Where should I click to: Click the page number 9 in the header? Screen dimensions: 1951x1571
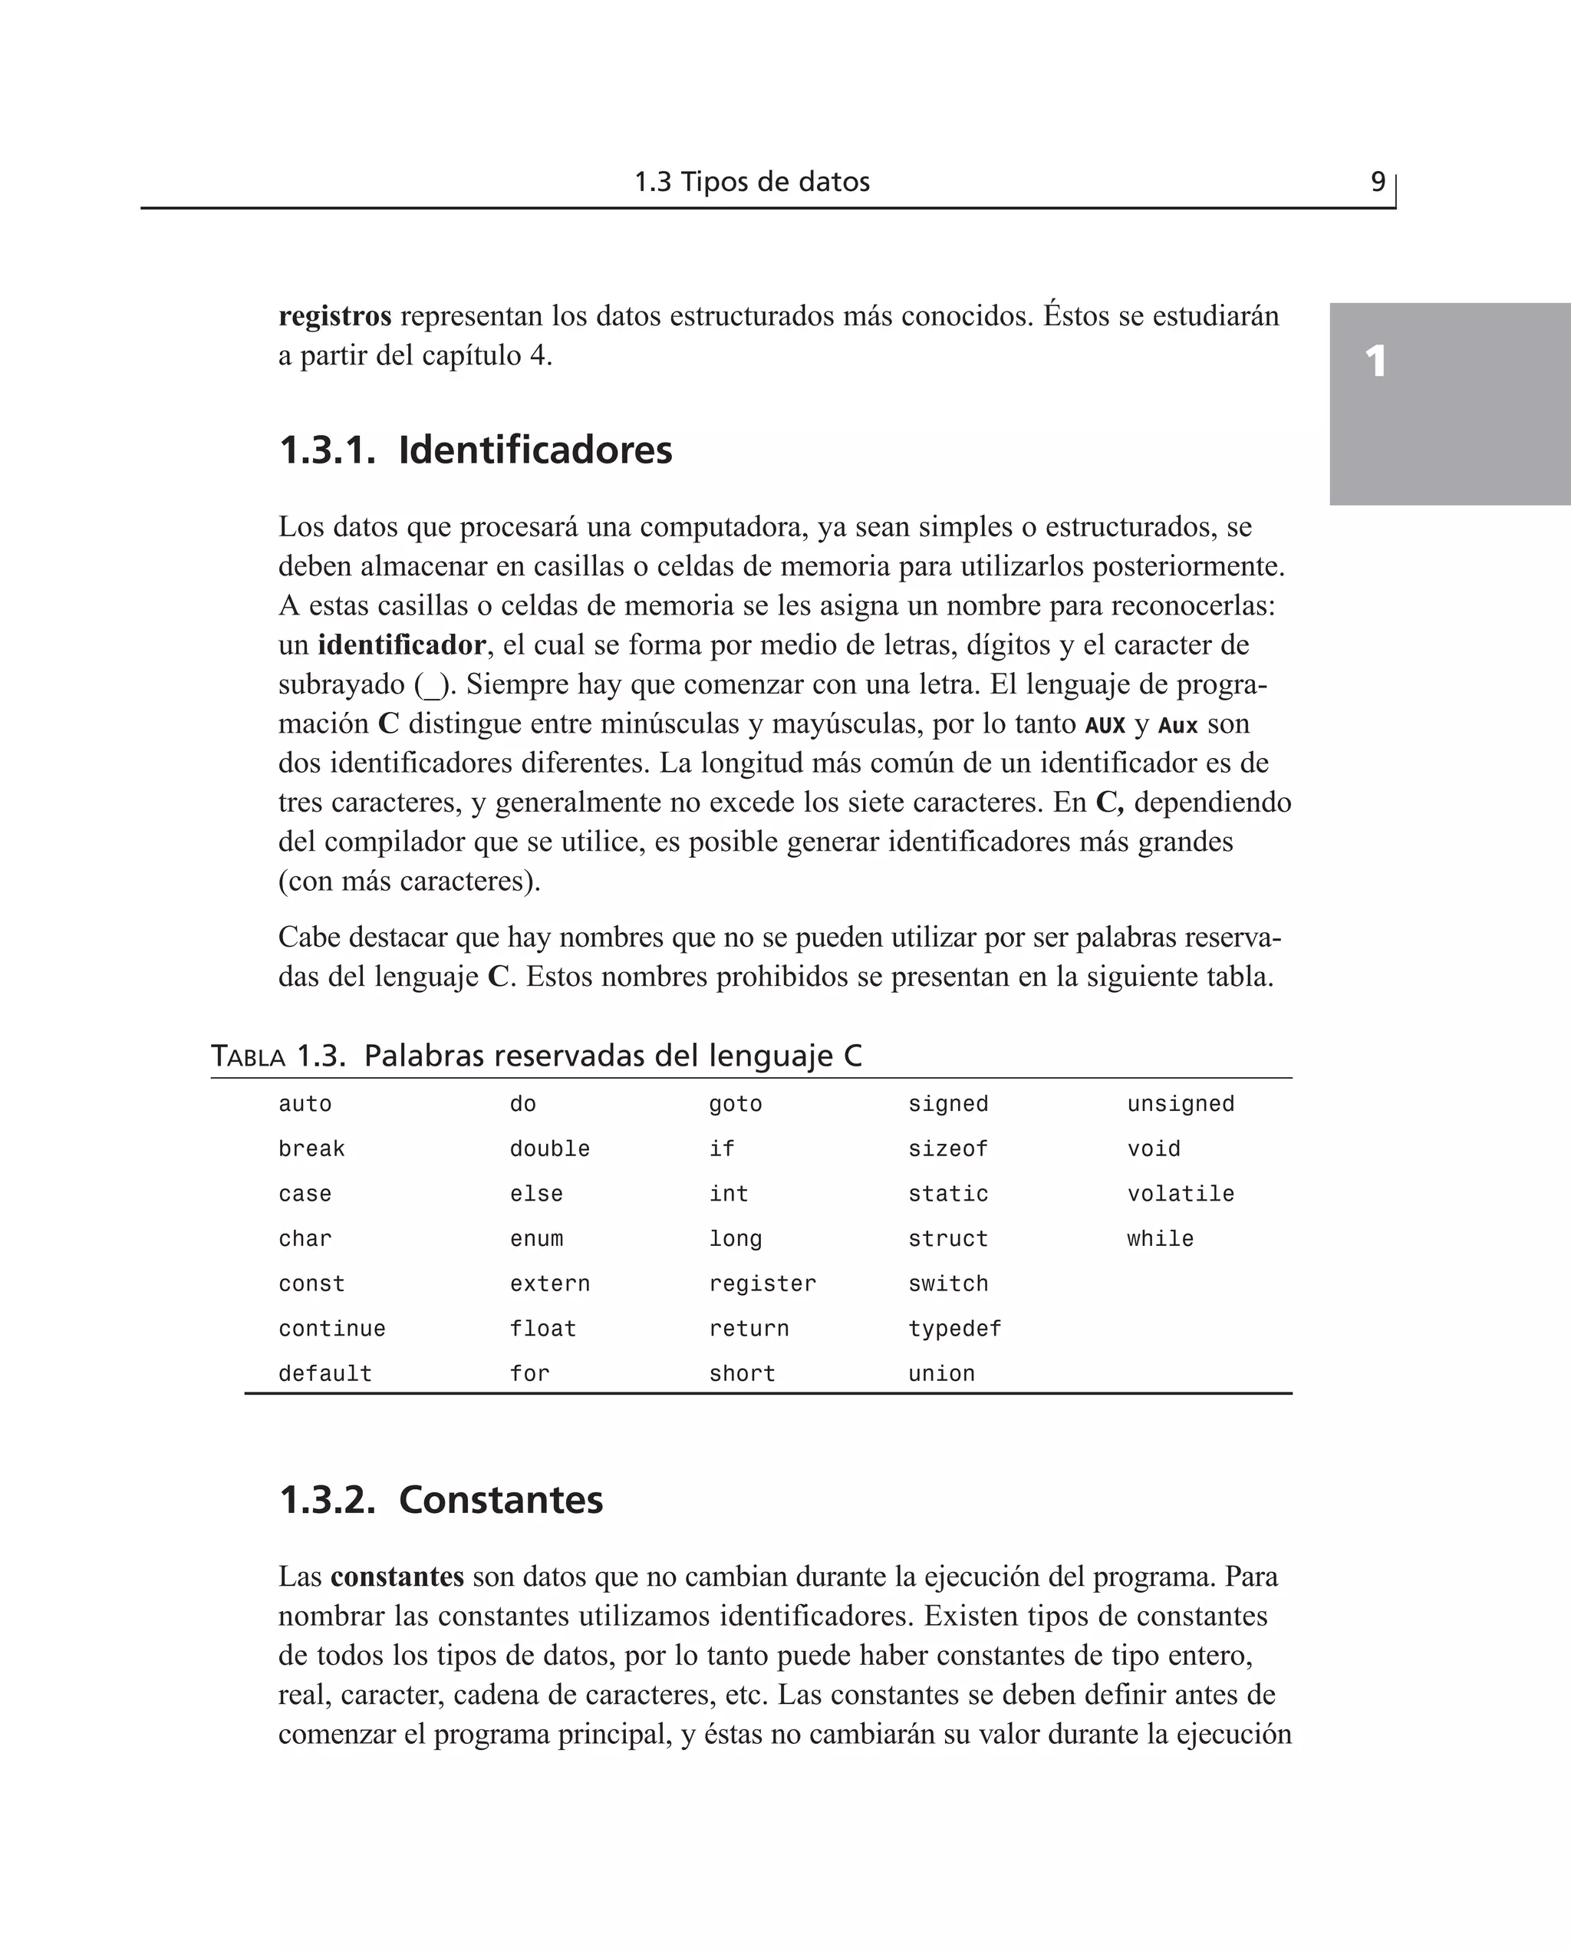(1378, 182)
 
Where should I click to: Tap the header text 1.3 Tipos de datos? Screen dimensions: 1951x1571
(751, 182)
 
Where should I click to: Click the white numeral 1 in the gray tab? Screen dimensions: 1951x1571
(1375, 362)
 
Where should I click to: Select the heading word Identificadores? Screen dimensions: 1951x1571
(535, 450)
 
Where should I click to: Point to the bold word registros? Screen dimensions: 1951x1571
(334, 316)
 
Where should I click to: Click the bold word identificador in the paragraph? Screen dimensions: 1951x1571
(401, 644)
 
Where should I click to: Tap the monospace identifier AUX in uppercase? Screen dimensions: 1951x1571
(1105, 725)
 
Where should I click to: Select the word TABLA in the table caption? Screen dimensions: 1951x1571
(248, 1056)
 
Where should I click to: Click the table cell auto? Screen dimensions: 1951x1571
(305, 1104)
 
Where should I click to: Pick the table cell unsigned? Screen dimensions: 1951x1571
(1180, 1104)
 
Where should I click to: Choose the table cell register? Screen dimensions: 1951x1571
(762, 1284)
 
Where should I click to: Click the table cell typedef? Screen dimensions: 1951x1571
(955, 1330)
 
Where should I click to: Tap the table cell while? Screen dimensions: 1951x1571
(1159, 1239)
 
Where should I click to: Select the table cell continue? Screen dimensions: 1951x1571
(331, 1330)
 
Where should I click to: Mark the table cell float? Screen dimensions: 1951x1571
(542, 1330)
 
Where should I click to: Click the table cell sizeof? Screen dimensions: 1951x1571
(947, 1149)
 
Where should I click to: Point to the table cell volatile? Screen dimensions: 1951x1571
(1180, 1195)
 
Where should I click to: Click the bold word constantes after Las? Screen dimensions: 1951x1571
(397, 1577)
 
